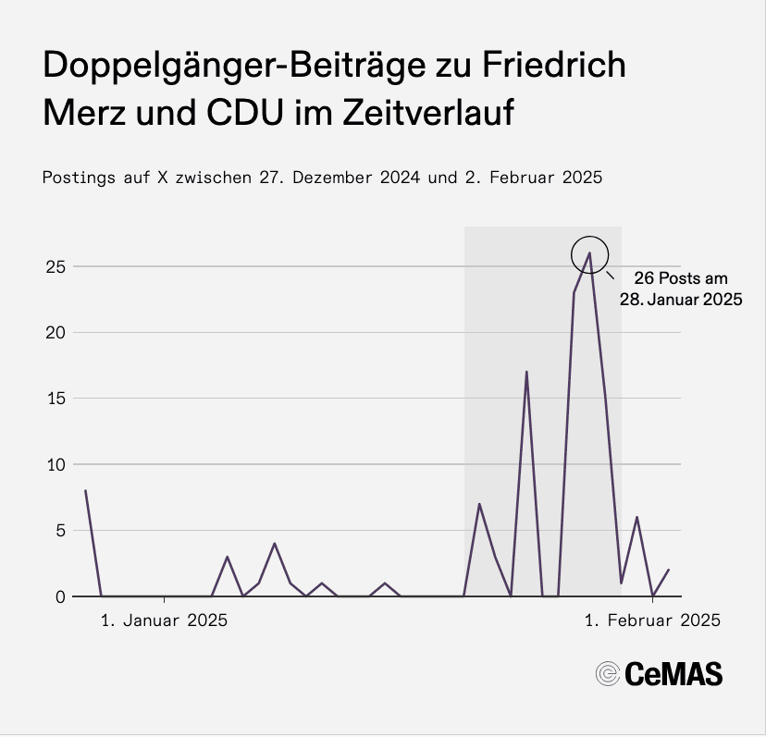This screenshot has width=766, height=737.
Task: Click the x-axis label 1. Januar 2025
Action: click(x=164, y=621)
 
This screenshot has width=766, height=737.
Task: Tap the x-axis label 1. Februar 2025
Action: click(x=653, y=621)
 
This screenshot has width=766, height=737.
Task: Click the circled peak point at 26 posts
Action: click(x=589, y=252)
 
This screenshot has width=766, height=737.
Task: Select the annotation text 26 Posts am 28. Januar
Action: click(x=682, y=289)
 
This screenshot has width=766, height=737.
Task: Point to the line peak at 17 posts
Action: click(x=526, y=372)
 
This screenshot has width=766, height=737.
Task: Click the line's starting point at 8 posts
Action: click(x=85, y=491)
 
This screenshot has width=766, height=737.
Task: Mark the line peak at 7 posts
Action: click(x=479, y=504)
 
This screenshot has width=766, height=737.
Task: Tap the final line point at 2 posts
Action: click(x=668, y=570)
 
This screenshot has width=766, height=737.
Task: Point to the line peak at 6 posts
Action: click(x=636, y=517)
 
